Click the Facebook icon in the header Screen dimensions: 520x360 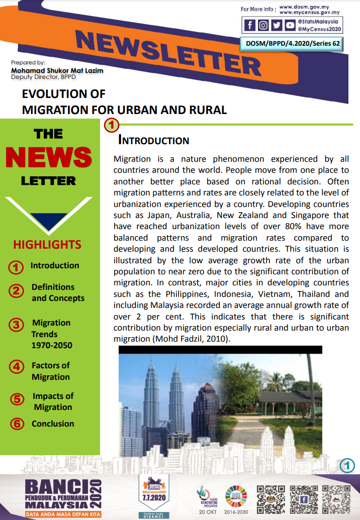pyautogui.click(x=250, y=25)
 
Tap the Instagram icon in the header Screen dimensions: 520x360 pyautogui.click(x=263, y=25)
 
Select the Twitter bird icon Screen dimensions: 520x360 pyautogui.click(x=277, y=25)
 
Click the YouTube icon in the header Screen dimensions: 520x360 pyautogui.click(x=290, y=25)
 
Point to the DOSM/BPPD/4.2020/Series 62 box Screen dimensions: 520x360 pyautogui.click(x=292, y=44)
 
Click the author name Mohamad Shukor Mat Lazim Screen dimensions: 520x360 pyautogui.click(x=57, y=70)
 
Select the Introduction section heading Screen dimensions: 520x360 pyautogui.click(x=153, y=140)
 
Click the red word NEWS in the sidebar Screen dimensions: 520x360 pyautogui.click(x=49, y=157)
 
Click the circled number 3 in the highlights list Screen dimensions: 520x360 pyautogui.click(x=16, y=325)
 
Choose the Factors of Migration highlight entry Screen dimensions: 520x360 pyautogui.click(x=51, y=371)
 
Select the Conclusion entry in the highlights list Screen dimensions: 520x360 pyautogui.click(x=53, y=424)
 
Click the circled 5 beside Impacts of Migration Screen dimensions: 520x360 pyautogui.click(x=17, y=399)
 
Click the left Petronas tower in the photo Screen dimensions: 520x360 pyautogui.click(x=151, y=397)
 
